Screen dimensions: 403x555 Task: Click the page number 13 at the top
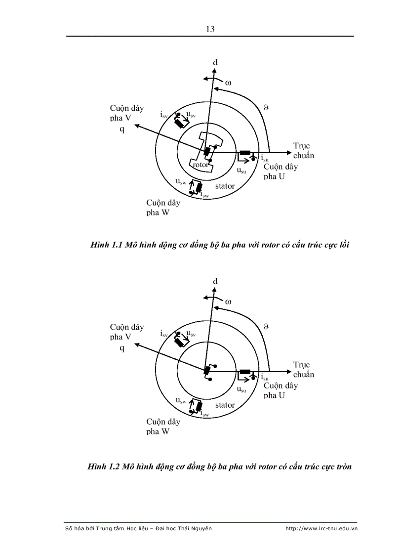[210, 29]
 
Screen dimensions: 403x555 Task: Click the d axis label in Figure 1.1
[215, 63]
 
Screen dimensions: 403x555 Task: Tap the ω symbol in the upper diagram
[228, 83]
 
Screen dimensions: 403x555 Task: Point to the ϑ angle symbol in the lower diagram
[266, 327]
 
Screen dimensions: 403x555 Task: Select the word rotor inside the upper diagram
[200, 164]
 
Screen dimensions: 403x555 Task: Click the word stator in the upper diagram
[225, 186]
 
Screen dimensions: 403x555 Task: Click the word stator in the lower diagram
[225, 405]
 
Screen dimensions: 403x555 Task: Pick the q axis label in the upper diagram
[122, 129]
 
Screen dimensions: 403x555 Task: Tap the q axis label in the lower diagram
[122, 348]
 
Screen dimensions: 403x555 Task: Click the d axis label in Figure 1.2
[215, 282]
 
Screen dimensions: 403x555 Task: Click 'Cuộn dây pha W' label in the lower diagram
[163, 427]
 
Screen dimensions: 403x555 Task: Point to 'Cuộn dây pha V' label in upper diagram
[127, 113]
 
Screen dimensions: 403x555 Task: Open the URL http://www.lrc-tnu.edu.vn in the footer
[321, 529]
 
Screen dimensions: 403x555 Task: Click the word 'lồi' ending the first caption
[344, 245]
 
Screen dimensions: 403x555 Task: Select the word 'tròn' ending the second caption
[342, 467]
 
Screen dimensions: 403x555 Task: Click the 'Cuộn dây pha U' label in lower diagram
[281, 390]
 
